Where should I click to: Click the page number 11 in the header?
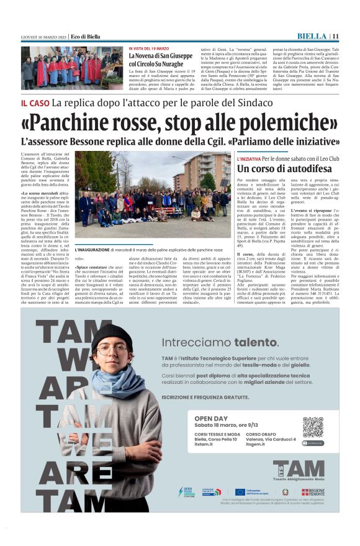[x=336, y=36]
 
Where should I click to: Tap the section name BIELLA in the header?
[x=312, y=36]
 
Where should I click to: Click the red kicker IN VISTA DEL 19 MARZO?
[x=149, y=48]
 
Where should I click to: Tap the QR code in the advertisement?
[x=313, y=427]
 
